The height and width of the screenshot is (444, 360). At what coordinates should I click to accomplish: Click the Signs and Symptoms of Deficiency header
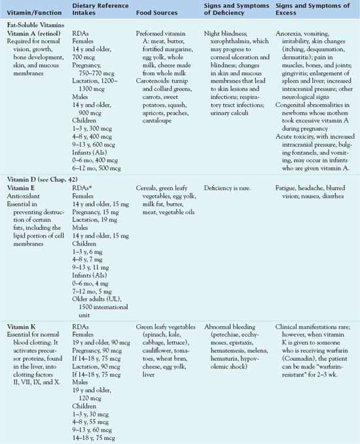[235, 10]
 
